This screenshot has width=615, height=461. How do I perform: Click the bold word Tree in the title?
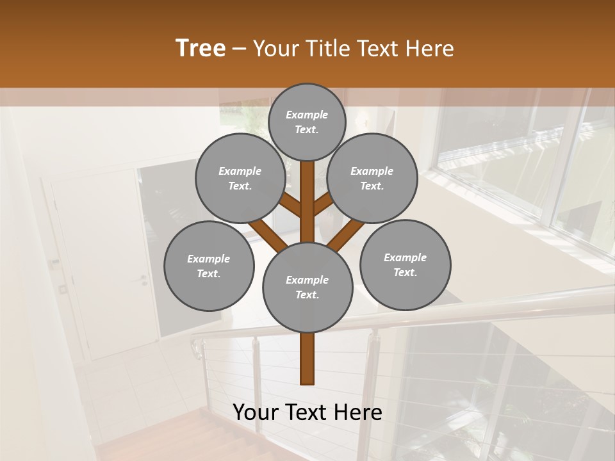201,49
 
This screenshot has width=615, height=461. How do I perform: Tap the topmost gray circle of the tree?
307,122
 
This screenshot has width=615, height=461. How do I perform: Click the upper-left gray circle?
240,179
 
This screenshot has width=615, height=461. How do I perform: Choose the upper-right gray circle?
372,179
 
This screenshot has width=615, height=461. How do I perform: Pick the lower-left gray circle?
209,266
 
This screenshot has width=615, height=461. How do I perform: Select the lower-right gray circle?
405,264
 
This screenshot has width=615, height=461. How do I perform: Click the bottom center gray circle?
307,287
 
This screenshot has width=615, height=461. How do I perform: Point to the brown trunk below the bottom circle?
307,358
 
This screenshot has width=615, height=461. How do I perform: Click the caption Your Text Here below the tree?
307,412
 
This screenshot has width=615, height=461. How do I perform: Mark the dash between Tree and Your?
238,49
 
